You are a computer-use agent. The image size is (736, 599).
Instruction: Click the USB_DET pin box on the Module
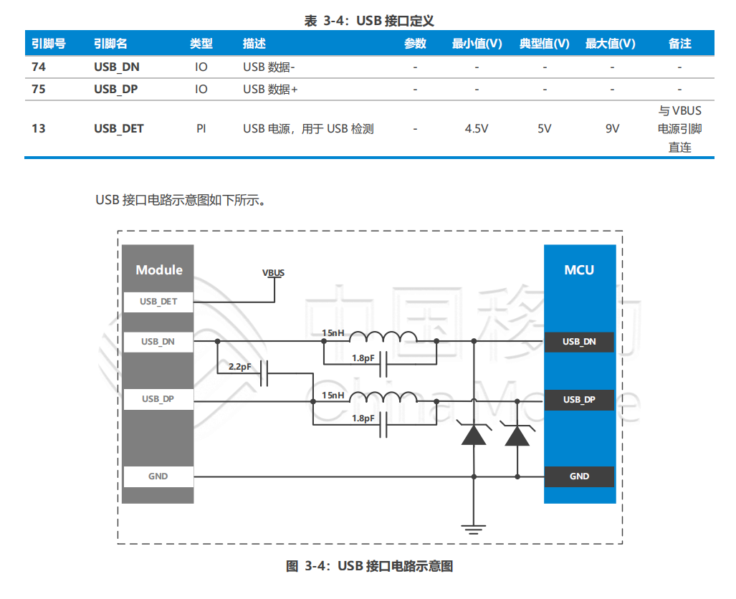[158, 302]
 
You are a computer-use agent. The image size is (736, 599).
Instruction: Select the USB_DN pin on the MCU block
[579, 342]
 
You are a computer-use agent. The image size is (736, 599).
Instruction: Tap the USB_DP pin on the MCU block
[579, 399]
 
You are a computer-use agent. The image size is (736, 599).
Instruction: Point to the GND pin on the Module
[158, 476]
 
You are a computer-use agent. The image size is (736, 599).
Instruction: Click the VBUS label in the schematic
[273, 273]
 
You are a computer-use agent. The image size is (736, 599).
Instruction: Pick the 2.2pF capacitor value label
[239, 367]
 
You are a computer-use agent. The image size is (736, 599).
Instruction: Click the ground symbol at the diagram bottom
[472, 529]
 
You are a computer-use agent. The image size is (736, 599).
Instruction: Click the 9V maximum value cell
[611, 129]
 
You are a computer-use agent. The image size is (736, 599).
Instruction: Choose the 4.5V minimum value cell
[477, 129]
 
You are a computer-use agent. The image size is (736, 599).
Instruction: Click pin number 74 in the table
[39, 67]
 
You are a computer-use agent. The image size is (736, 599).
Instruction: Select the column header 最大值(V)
[610, 44]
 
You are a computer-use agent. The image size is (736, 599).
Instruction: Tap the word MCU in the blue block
[579, 270]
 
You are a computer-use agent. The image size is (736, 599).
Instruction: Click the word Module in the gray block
[159, 270]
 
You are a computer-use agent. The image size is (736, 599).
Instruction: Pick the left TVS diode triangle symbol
[473, 435]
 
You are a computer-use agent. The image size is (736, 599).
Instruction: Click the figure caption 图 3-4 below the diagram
[369, 566]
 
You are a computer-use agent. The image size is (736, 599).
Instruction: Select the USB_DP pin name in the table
[116, 90]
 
